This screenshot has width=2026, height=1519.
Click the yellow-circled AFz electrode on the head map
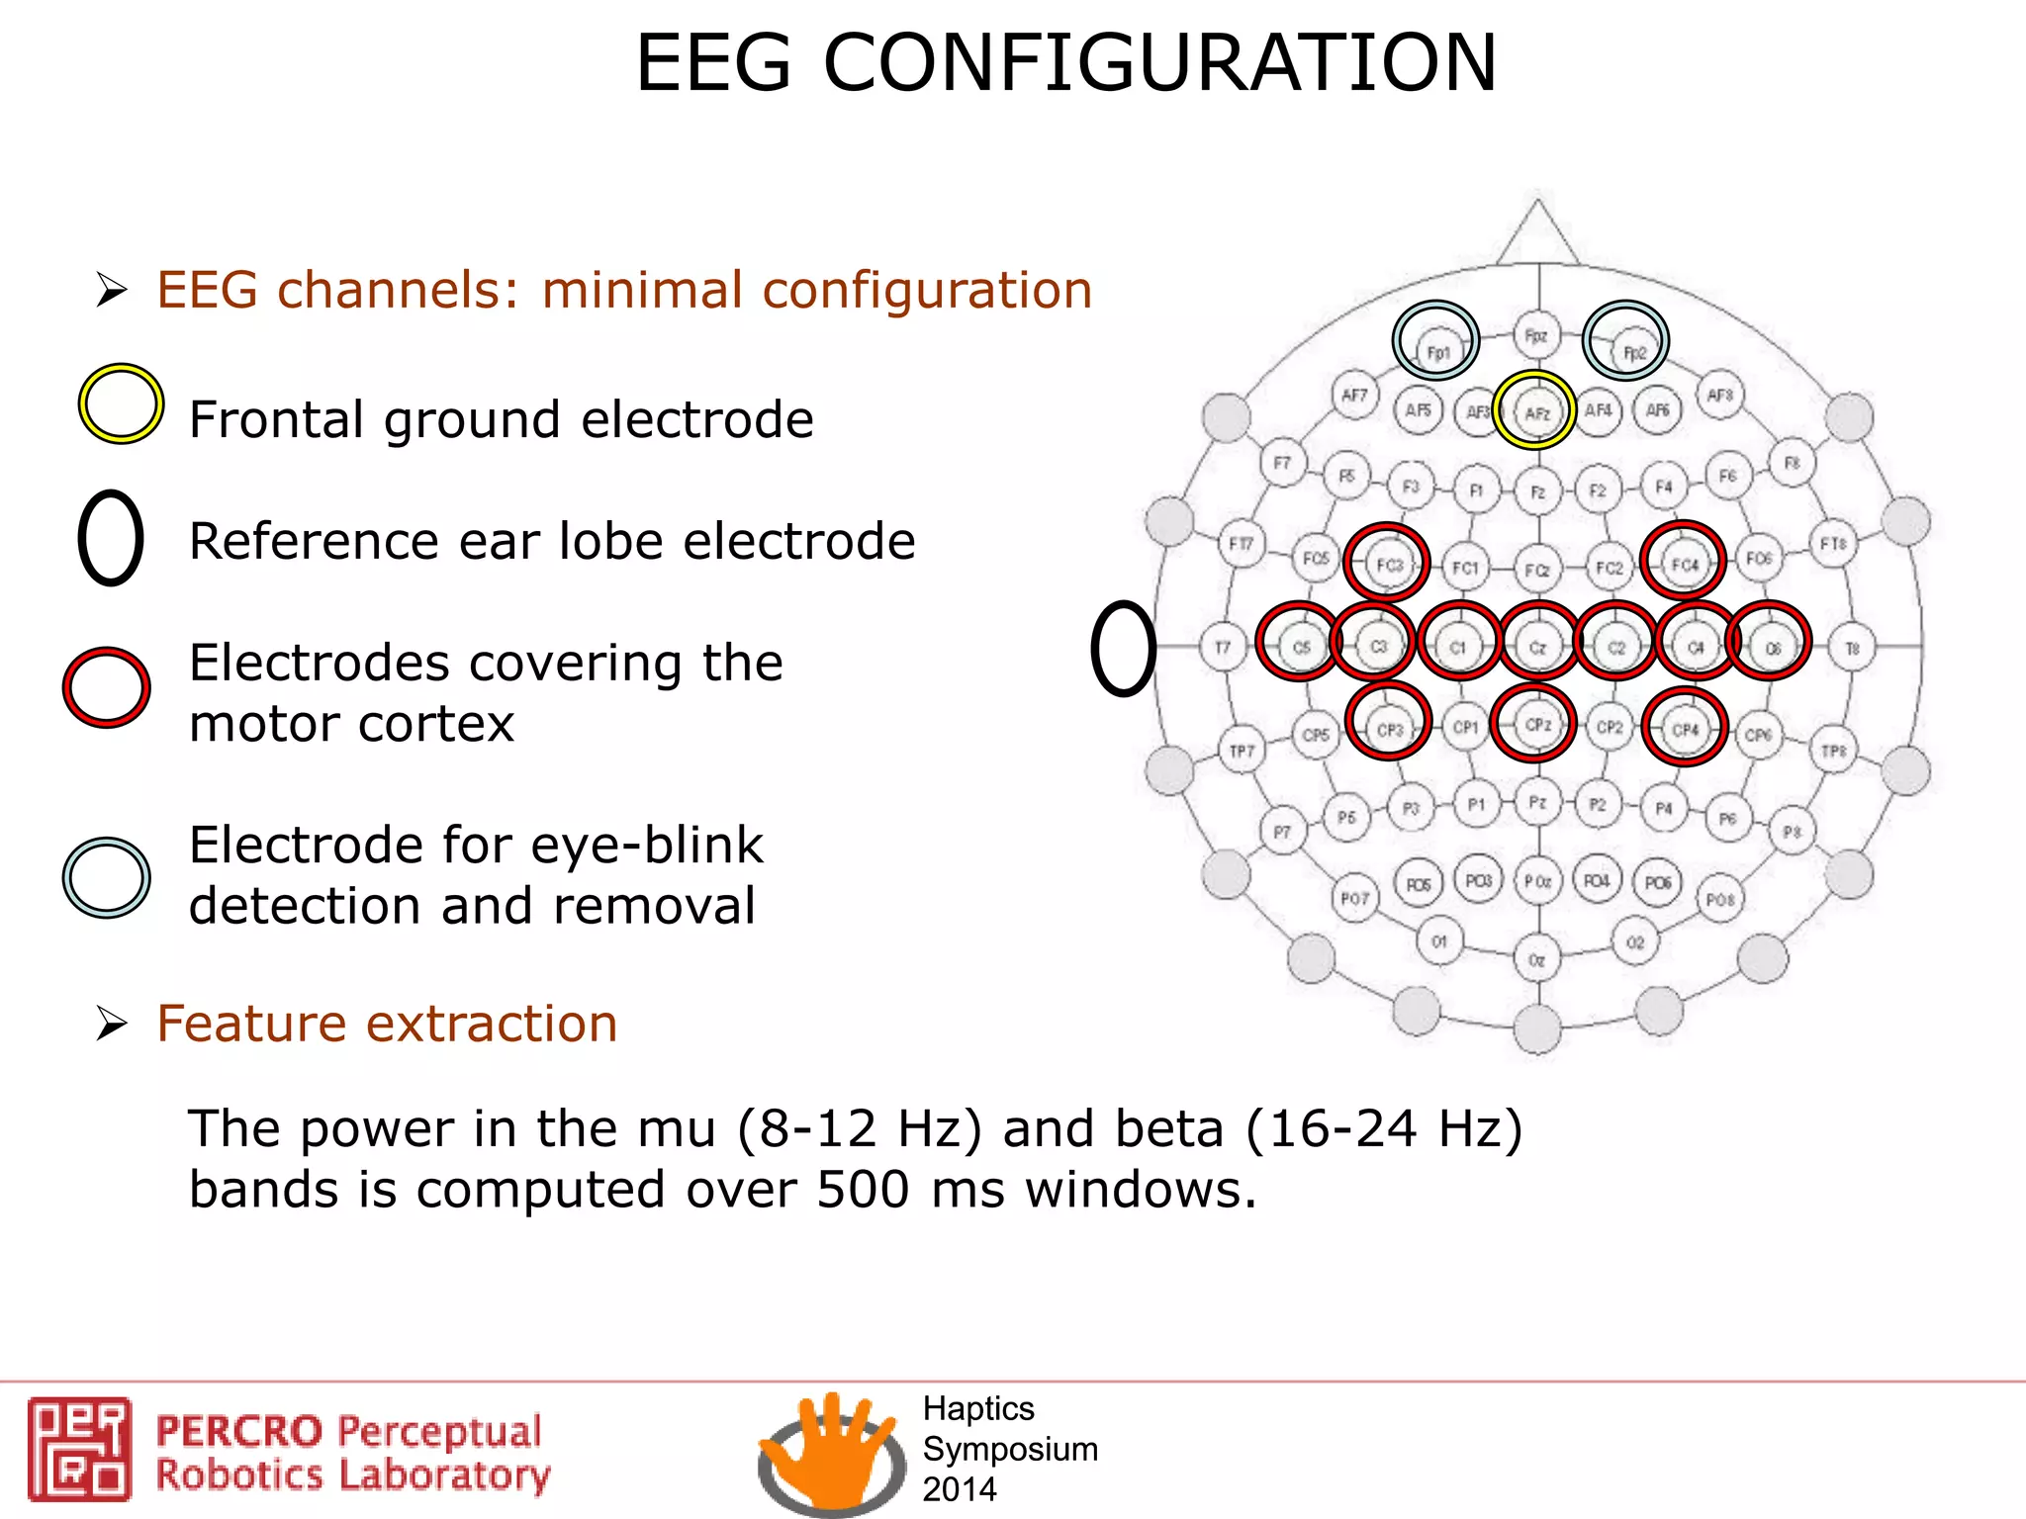click(x=1535, y=411)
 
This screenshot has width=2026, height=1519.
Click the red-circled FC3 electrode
click(x=1387, y=564)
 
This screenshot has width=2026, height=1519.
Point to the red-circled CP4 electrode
click(x=1684, y=729)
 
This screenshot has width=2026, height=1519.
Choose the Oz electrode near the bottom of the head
click(x=1536, y=958)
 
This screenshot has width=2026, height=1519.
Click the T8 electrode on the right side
click(x=1852, y=648)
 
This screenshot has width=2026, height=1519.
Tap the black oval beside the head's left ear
click(x=1124, y=648)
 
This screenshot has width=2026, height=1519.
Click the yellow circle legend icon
click(x=121, y=403)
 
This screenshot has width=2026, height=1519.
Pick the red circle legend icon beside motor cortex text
click(x=106, y=688)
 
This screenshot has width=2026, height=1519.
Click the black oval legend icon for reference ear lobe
click(x=111, y=538)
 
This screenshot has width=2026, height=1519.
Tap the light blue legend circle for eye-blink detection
click(x=106, y=877)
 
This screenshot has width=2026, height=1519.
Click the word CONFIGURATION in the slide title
click(x=1159, y=63)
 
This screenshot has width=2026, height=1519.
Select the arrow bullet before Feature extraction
click(x=112, y=1024)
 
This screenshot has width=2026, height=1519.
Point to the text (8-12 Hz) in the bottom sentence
click(x=860, y=1128)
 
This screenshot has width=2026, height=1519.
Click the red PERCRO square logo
click(x=79, y=1448)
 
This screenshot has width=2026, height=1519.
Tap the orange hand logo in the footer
click(x=831, y=1449)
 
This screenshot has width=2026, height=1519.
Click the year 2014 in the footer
click(x=959, y=1488)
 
